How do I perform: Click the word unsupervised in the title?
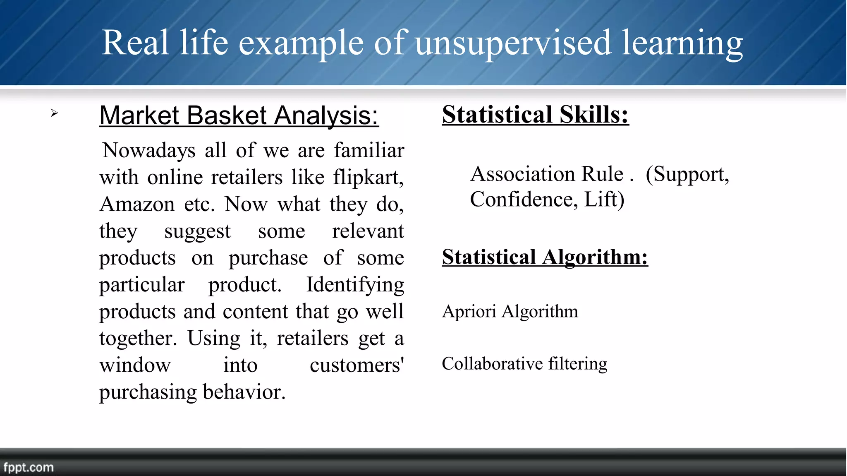(513, 43)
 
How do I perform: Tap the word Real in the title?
(136, 42)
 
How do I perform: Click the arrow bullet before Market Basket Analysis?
(54, 113)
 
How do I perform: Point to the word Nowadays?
(149, 150)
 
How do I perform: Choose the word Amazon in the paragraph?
(137, 204)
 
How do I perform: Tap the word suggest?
(197, 231)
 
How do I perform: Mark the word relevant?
(368, 231)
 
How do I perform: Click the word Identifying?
(355, 285)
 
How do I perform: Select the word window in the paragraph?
(135, 365)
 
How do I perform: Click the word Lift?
(604, 200)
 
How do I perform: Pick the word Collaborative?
(492, 364)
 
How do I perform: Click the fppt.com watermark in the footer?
(29, 468)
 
